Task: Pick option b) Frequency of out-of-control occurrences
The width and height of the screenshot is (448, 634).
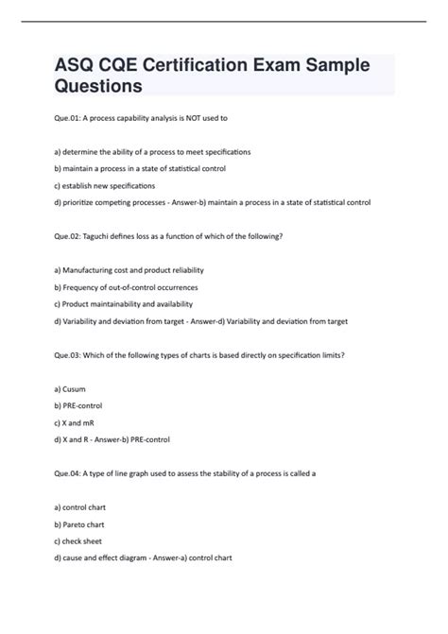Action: point(126,287)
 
